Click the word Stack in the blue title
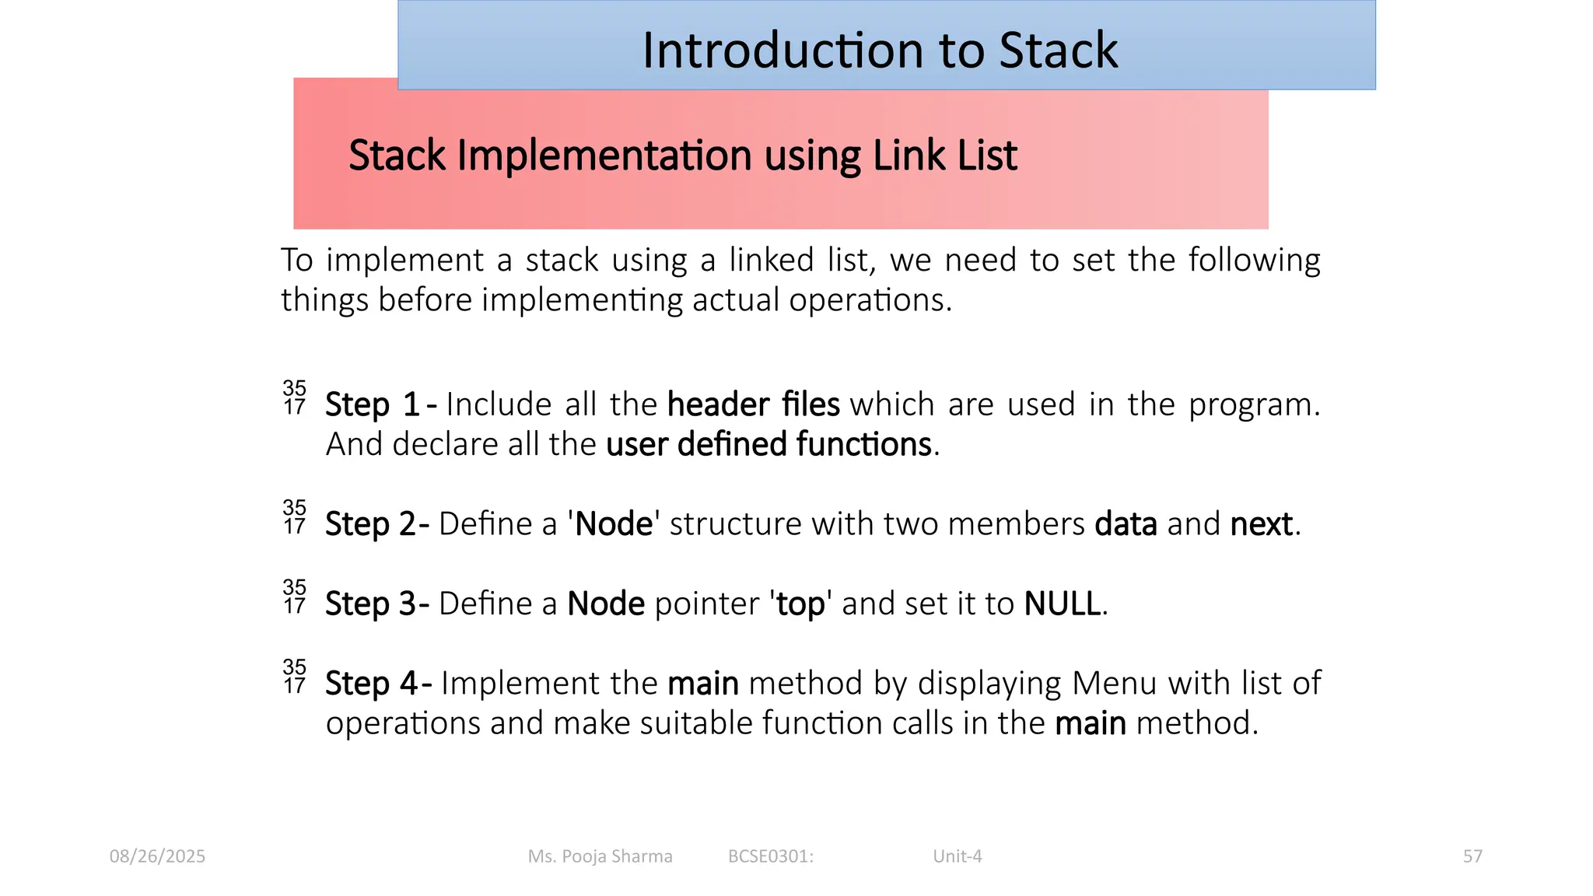(x=1058, y=51)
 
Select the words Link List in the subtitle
(x=944, y=156)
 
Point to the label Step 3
(x=372, y=604)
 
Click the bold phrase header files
(x=753, y=405)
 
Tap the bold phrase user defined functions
(x=768, y=445)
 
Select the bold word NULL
(x=1062, y=604)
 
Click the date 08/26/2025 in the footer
(x=157, y=856)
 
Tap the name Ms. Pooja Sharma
(x=600, y=856)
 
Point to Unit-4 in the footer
(x=957, y=856)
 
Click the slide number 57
(x=1472, y=856)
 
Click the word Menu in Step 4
(x=1115, y=684)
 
